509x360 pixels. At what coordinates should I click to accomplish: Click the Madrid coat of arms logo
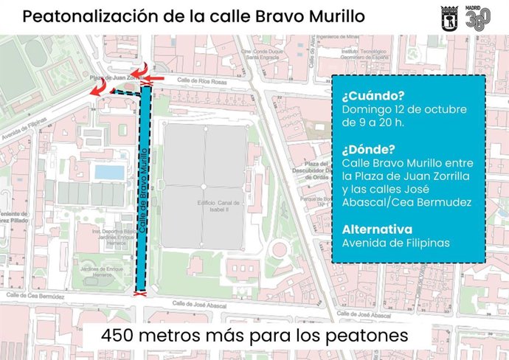pyautogui.click(x=449, y=15)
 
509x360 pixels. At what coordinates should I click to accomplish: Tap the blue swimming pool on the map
pyautogui.click(x=109, y=172)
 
